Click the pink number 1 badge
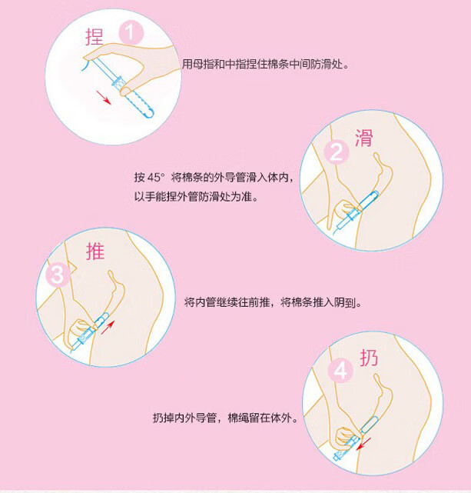[x=131, y=32]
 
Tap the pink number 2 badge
[x=337, y=152]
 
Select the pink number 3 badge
[x=58, y=275]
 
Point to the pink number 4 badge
[x=340, y=371]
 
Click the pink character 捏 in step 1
[x=95, y=37]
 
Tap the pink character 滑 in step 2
[x=364, y=138]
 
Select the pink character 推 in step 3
[x=95, y=251]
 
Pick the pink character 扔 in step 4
[x=368, y=358]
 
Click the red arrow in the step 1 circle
[x=104, y=97]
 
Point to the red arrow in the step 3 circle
[x=108, y=328]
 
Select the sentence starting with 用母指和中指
[x=265, y=65]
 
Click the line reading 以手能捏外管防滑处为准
[x=196, y=197]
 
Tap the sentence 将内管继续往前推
[x=227, y=302]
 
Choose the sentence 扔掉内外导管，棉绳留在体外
[x=225, y=418]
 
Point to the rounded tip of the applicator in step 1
[x=151, y=114]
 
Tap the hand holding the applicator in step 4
[x=346, y=437]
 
